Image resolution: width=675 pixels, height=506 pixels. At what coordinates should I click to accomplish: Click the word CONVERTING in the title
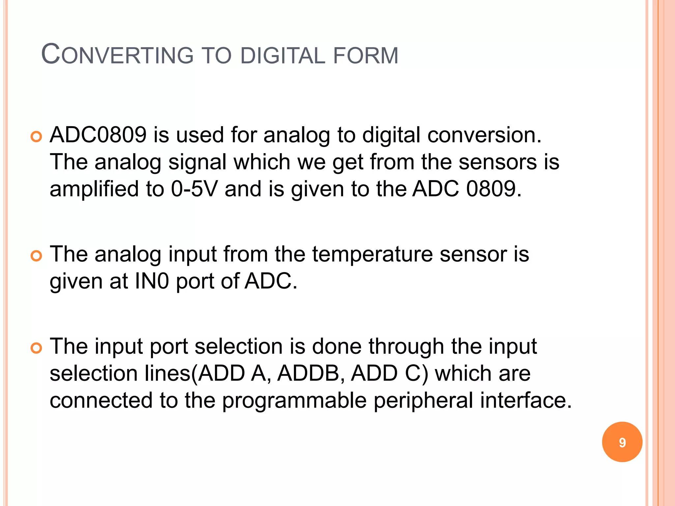click(x=117, y=54)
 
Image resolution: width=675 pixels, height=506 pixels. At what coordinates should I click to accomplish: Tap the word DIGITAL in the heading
click(x=283, y=55)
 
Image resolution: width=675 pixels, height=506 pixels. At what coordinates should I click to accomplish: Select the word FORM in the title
click(x=366, y=55)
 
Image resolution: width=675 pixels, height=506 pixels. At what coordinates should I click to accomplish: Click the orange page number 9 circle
click(x=622, y=442)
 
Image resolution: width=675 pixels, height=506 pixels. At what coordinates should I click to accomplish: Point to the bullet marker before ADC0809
click(x=36, y=136)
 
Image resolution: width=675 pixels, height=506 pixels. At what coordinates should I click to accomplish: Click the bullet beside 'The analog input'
click(x=36, y=256)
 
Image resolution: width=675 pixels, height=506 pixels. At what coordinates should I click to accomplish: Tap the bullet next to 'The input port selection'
click(x=36, y=348)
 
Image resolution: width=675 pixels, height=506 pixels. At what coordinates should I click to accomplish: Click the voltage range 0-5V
click(x=194, y=189)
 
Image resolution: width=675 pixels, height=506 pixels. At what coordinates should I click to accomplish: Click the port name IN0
click(x=152, y=281)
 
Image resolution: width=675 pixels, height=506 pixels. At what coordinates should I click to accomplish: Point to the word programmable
click(x=294, y=401)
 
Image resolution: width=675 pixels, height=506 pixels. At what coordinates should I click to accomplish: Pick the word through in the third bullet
click(x=406, y=347)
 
